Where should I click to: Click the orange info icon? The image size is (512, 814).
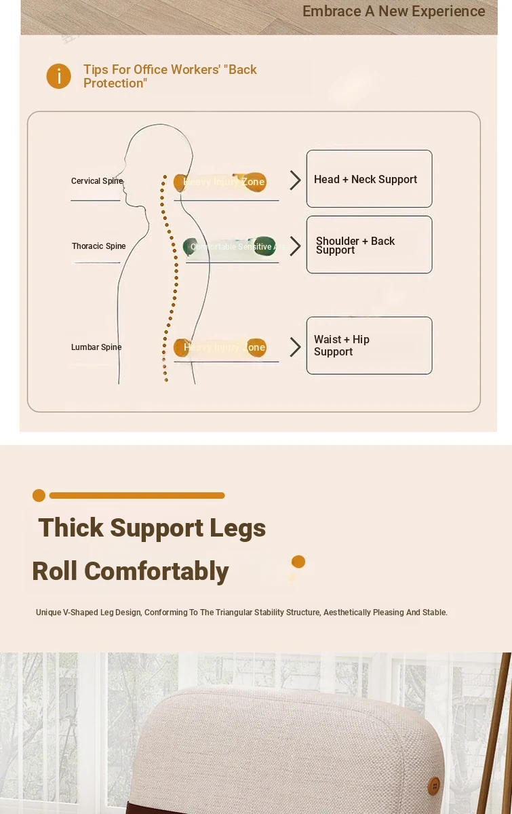point(59,76)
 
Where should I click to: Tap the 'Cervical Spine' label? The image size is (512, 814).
point(97,181)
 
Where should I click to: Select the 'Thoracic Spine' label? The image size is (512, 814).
point(99,246)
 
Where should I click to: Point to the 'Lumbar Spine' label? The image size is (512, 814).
point(96,347)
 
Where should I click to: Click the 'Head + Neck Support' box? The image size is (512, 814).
point(369,179)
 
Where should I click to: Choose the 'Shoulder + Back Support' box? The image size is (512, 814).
point(369,245)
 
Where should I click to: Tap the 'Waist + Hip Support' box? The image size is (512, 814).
point(369,345)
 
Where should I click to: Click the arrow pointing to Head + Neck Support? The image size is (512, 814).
point(295,180)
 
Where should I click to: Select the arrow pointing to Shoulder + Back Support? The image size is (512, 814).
point(295,246)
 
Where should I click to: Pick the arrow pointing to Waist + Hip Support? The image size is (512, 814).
point(295,347)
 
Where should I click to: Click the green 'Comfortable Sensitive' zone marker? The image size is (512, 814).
point(230,247)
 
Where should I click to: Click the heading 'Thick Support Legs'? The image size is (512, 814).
point(152,528)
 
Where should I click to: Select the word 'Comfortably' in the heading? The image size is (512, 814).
point(156,571)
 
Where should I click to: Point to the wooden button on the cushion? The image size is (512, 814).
point(434,786)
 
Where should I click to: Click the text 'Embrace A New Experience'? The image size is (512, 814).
point(393,12)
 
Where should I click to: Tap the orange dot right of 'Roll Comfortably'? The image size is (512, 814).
point(298,562)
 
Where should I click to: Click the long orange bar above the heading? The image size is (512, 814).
point(137,496)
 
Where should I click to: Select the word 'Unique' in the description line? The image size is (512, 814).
point(48,613)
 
